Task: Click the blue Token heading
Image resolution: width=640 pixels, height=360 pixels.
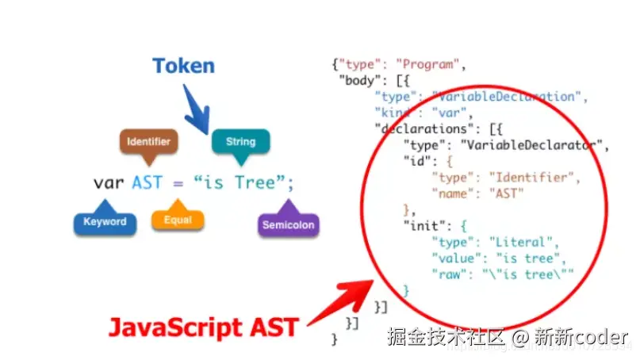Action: point(183,65)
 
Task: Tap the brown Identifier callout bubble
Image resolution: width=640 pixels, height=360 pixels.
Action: point(148,142)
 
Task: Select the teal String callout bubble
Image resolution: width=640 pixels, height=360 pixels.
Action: point(240,142)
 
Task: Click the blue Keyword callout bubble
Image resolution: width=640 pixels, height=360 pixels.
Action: point(105,222)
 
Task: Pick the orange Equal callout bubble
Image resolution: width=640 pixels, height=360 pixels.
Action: point(177,220)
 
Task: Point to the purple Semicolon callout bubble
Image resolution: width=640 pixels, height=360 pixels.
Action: point(288,224)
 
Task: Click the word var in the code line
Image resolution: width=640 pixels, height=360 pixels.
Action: point(109,183)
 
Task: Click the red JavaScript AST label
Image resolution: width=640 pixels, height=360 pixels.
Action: point(203,327)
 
